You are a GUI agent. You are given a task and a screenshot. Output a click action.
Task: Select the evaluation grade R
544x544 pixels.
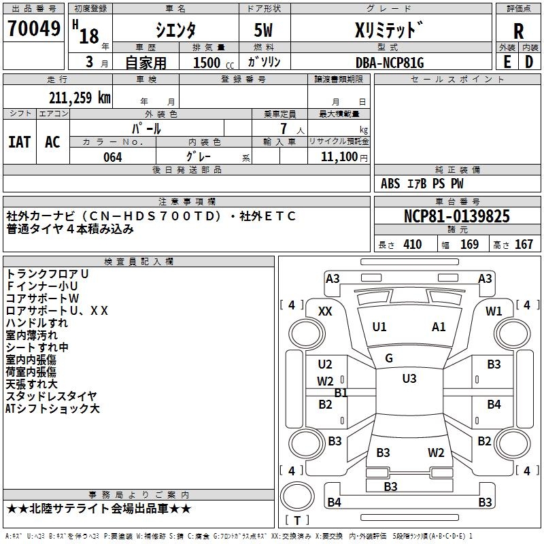518,31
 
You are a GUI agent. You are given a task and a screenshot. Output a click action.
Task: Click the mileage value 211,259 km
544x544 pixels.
80,98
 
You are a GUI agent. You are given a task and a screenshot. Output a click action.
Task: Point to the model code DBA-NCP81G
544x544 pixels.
390,62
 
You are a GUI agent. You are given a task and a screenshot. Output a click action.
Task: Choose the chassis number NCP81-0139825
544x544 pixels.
456,217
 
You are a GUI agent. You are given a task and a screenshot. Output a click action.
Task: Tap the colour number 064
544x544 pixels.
112,156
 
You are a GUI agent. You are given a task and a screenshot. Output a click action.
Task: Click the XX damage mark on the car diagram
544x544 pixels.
326,311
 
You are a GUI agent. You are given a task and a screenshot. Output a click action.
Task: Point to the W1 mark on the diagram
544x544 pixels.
494,311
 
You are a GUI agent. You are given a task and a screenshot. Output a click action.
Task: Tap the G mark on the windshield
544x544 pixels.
389,358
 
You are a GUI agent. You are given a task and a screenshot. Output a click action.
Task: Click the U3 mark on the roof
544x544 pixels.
409,379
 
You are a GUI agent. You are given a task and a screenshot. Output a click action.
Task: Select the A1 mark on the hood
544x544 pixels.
439,327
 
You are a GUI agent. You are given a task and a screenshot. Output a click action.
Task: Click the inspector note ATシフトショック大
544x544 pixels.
52,409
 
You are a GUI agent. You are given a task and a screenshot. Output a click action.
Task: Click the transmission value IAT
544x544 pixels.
19,141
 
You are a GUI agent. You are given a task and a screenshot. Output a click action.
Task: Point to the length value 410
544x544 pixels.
412,245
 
